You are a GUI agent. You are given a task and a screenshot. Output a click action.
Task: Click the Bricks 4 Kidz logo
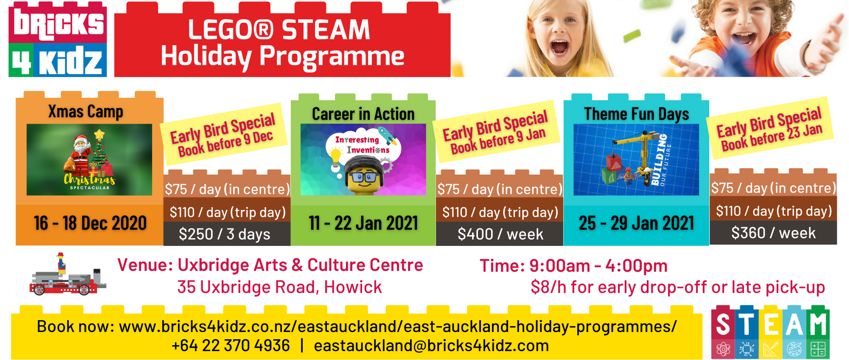(58, 39)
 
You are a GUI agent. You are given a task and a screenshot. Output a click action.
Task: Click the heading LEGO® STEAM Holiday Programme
(282, 43)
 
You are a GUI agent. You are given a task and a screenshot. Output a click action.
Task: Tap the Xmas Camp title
(86, 112)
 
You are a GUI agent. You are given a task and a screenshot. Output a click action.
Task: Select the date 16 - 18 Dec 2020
(90, 223)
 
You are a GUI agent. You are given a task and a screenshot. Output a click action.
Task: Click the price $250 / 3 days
(225, 234)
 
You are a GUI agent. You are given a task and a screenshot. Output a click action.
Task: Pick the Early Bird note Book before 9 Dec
(225, 144)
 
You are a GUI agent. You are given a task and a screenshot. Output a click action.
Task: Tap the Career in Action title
(363, 114)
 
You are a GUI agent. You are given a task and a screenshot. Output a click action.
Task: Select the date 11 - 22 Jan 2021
(363, 223)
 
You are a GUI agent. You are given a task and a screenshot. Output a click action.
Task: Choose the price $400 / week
(500, 234)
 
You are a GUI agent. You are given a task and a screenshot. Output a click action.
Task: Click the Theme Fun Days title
(636, 114)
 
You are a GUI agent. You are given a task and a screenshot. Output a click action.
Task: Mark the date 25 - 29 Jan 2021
(636, 223)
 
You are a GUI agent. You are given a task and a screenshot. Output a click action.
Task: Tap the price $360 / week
(773, 233)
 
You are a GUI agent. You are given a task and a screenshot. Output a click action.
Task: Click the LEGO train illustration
(68, 276)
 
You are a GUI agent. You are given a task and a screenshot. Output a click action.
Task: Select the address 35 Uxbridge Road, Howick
(280, 287)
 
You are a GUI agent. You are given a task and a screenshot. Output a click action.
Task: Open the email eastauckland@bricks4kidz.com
(431, 346)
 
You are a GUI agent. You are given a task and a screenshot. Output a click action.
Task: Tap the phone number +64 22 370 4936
(231, 346)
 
